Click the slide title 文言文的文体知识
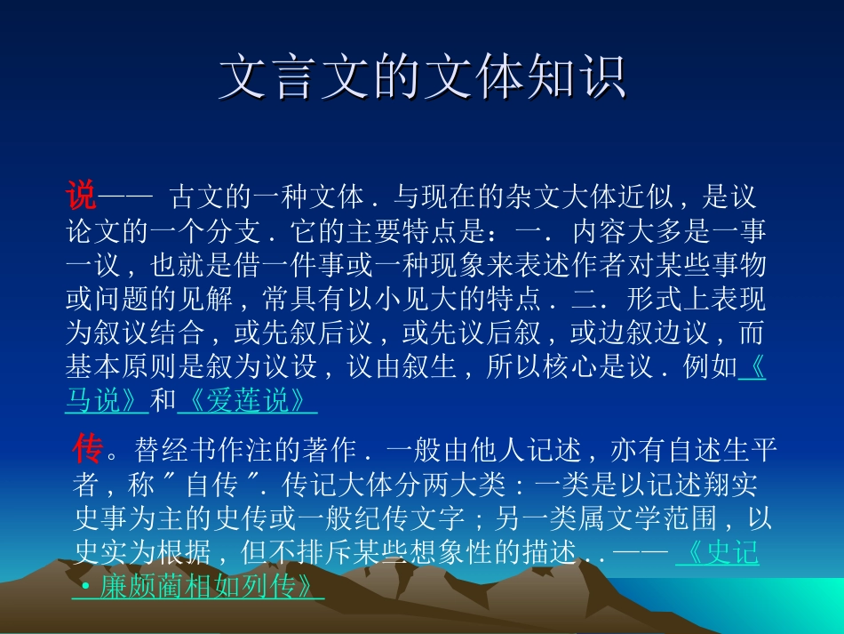[x=422, y=79]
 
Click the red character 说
[x=80, y=195]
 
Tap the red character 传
[x=88, y=451]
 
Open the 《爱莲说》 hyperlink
[x=247, y=401]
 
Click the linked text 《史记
[x=718, y=553]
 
